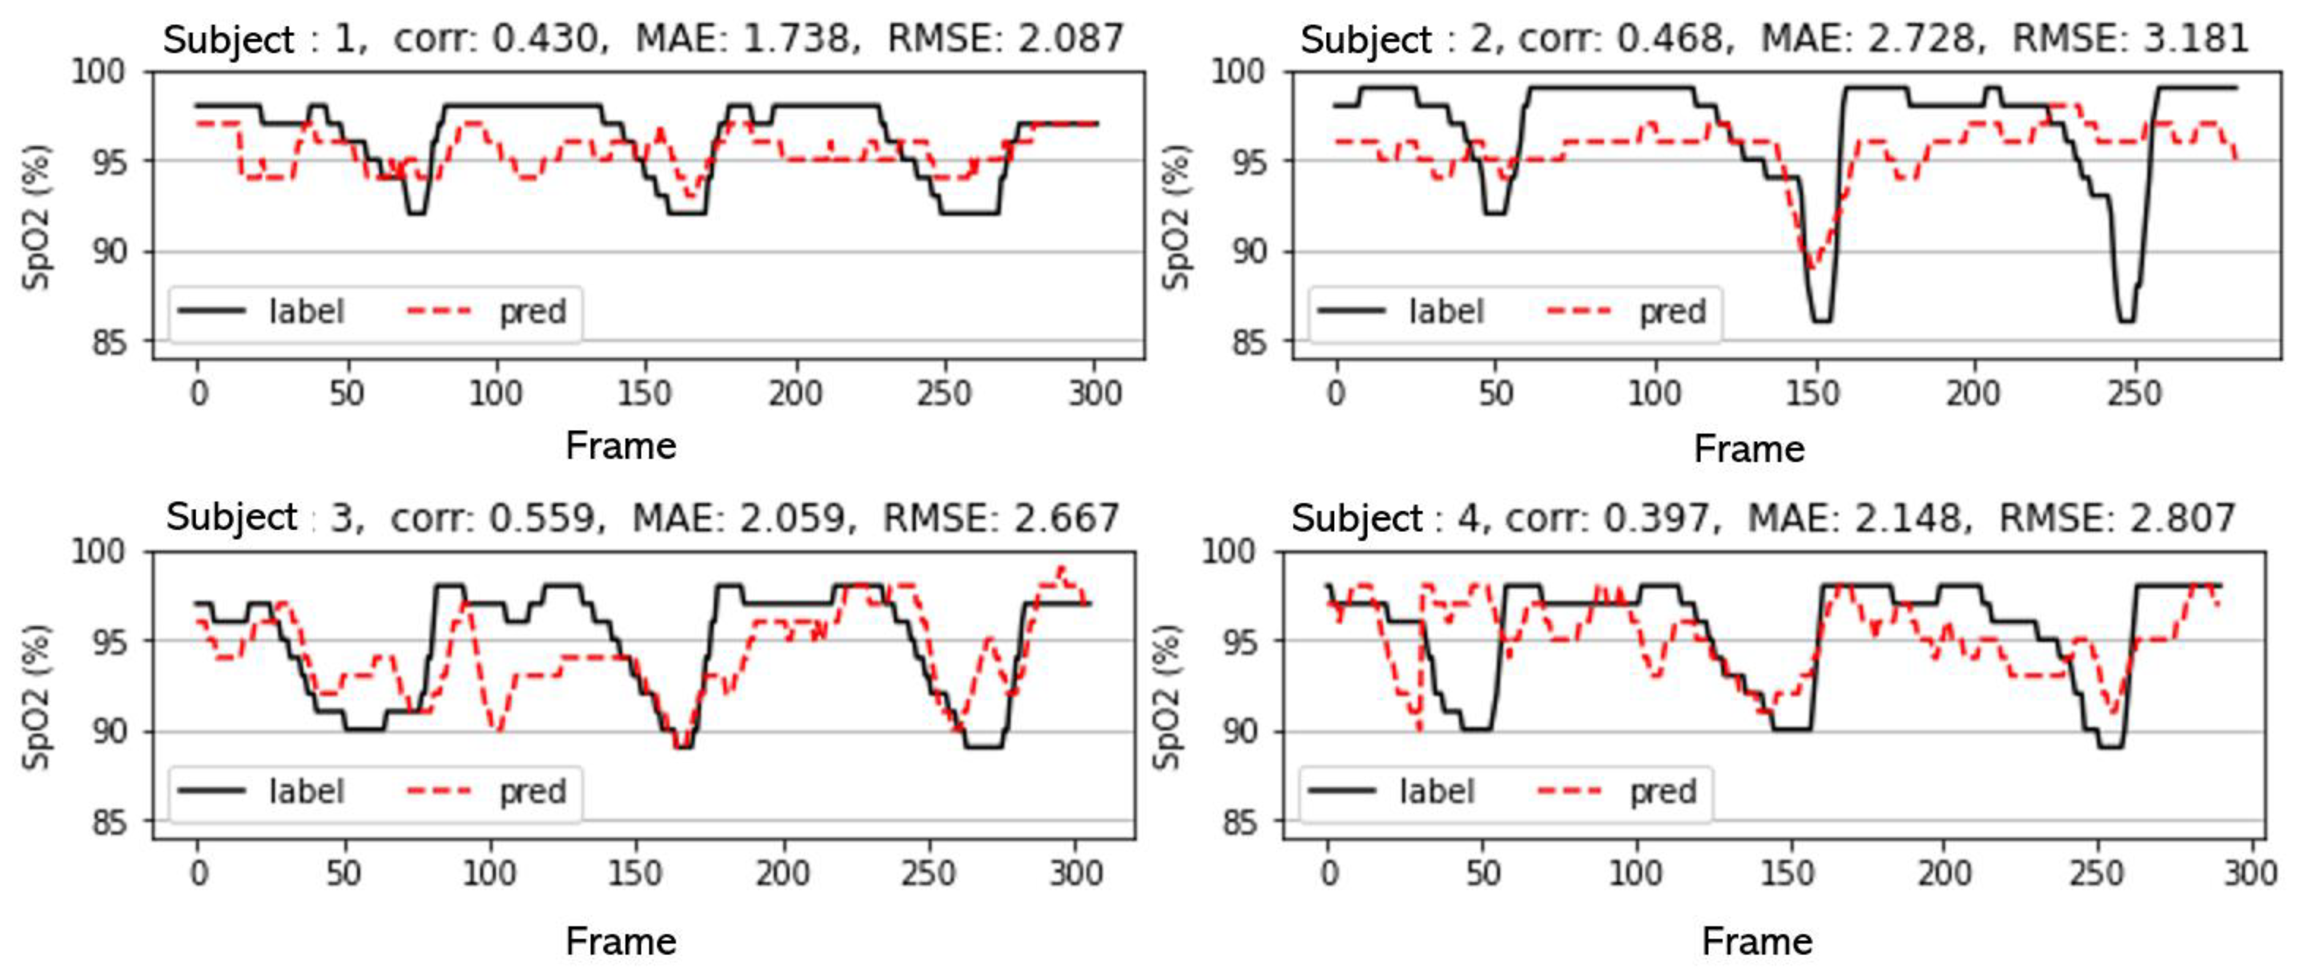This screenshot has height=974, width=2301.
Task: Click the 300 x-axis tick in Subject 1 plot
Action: pos(1095,393)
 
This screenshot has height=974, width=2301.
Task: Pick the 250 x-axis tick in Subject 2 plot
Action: pos(2134,393)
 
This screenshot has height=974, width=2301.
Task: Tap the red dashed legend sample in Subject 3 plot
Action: pos(439,790)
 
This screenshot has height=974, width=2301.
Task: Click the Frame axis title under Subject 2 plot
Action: pos(1748,449)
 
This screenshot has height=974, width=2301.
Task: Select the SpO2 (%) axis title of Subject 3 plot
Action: pos(36,696)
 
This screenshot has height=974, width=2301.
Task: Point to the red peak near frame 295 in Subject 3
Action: pos(1060,568)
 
